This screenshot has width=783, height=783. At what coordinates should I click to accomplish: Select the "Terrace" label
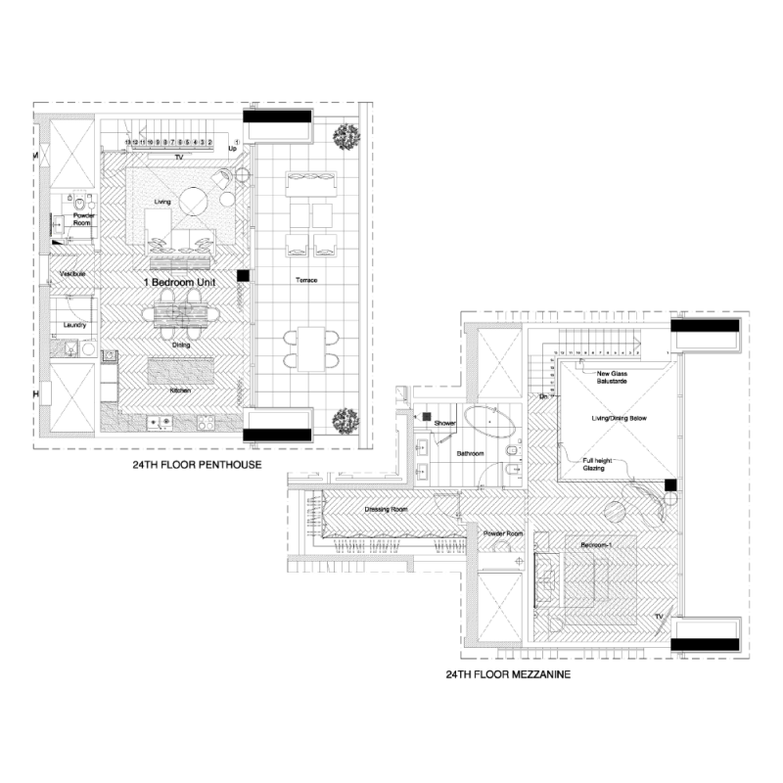click(306, 281)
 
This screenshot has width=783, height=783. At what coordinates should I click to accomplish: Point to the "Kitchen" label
click(179, 391)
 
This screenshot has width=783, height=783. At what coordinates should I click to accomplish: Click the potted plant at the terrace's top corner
click(343, 136)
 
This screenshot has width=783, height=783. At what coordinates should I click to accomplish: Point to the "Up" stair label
click(233, 149)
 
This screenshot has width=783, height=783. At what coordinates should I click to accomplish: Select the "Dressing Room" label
click(385, 510)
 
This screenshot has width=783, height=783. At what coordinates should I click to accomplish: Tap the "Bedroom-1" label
click(596, 544)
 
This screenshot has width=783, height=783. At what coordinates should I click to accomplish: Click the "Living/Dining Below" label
click(618, 418)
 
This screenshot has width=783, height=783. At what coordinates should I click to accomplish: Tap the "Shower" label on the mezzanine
click(445, 423)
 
